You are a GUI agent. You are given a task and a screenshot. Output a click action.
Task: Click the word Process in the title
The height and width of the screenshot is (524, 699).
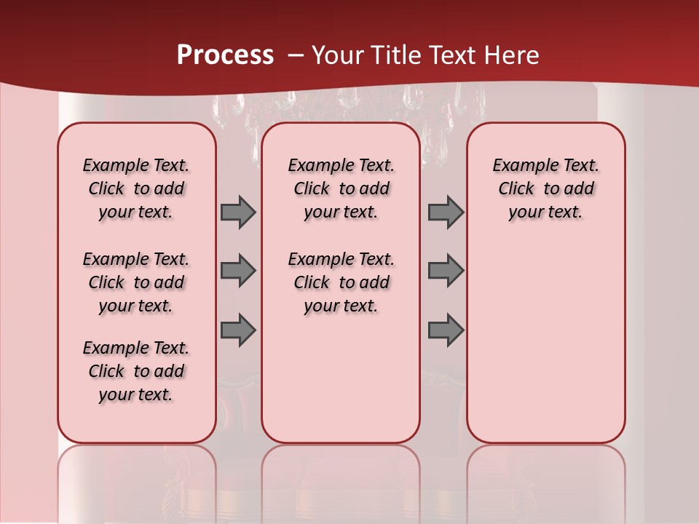tap(225, 55)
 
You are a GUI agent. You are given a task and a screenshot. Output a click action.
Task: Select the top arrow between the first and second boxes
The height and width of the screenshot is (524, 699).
tap(238, 212)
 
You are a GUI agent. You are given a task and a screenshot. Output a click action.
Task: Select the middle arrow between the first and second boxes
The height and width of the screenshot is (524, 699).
tap(238, 271)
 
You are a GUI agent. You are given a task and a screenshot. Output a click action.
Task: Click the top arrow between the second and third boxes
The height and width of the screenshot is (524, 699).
tap(446, 212)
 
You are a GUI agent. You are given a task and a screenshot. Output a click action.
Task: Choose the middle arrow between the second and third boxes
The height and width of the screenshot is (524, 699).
tap(446, 271)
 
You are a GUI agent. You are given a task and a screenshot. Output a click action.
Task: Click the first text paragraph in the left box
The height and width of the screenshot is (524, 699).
tap(136, 188)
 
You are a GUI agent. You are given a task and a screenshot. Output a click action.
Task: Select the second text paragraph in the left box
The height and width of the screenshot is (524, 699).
tap(136, 282)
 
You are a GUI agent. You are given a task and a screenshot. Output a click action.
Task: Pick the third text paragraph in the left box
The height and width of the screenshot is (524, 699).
tap(136, 371)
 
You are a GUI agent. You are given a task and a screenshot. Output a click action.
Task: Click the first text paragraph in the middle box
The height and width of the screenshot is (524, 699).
tap(341, 188)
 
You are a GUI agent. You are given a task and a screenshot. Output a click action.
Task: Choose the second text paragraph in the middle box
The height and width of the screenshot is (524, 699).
tap(341, 282)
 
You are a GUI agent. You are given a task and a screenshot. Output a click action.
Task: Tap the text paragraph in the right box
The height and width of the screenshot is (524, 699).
tap(545, 188)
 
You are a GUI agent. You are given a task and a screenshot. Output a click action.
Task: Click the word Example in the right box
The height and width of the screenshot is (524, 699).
tap(520, 165)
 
